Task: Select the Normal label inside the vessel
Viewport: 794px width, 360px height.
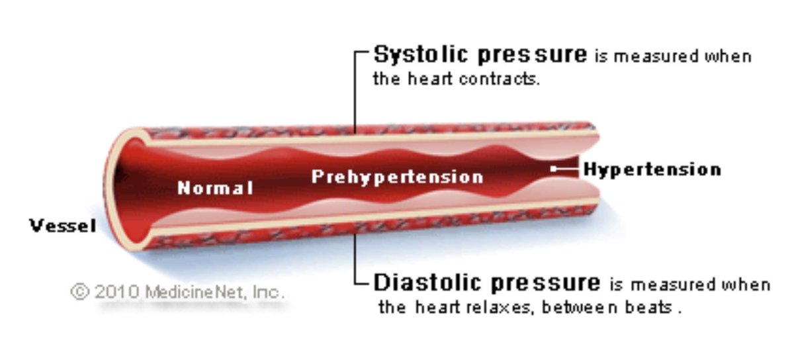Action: coord(215,188)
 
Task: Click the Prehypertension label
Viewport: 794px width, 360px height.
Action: coord(397,177)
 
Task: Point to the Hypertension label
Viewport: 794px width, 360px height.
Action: coord(652,169)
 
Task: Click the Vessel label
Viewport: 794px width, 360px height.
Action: coord(63,226)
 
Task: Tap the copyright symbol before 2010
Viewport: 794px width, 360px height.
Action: coord(79,292)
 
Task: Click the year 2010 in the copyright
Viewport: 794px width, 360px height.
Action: coord(115,292)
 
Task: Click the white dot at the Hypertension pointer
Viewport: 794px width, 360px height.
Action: coord(553,169)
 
